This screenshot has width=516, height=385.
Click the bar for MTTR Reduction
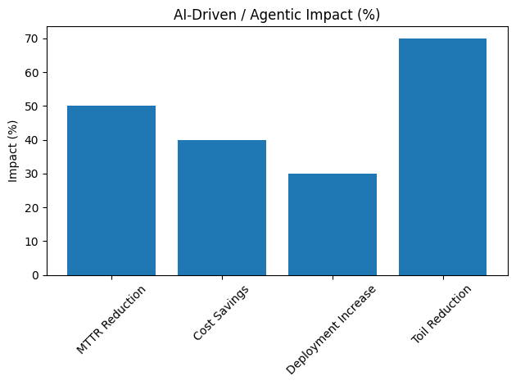[111, 190]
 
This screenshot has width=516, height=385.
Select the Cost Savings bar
[222, 207]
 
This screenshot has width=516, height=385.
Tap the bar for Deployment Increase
[333, 224]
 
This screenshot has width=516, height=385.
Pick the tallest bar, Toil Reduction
[443, 156]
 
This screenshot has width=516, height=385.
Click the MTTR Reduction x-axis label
[112, 319]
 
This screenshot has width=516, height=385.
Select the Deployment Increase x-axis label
[332, 329]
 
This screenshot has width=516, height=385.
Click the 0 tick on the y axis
[35, 275]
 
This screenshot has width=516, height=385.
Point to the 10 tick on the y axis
[33, 242]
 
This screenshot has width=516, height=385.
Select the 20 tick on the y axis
[33, 207]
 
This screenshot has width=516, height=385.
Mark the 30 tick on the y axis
[33, 174]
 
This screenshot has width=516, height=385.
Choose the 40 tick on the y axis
[33, 140]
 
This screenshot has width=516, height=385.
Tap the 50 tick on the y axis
[33, 106]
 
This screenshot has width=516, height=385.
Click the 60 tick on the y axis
[33, 72]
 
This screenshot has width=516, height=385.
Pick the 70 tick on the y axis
[33, 38]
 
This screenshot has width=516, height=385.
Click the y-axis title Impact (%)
[12, 156]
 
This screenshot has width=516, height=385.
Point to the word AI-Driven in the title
[202, 15]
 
